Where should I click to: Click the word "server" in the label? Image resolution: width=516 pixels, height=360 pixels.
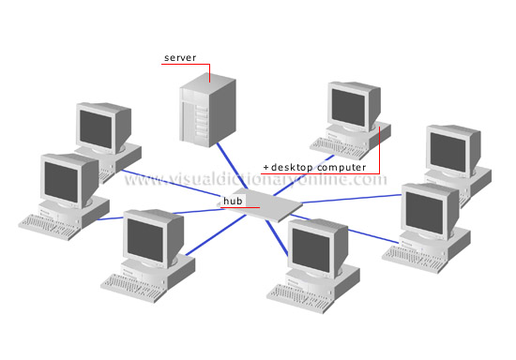(x=179, y=58)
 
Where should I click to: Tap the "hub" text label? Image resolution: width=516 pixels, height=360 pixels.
(x=231, y=200)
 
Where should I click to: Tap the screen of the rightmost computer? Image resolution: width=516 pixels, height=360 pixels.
(x=450, y=147)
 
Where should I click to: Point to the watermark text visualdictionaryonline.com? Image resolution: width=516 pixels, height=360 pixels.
(x=253, y=178)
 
